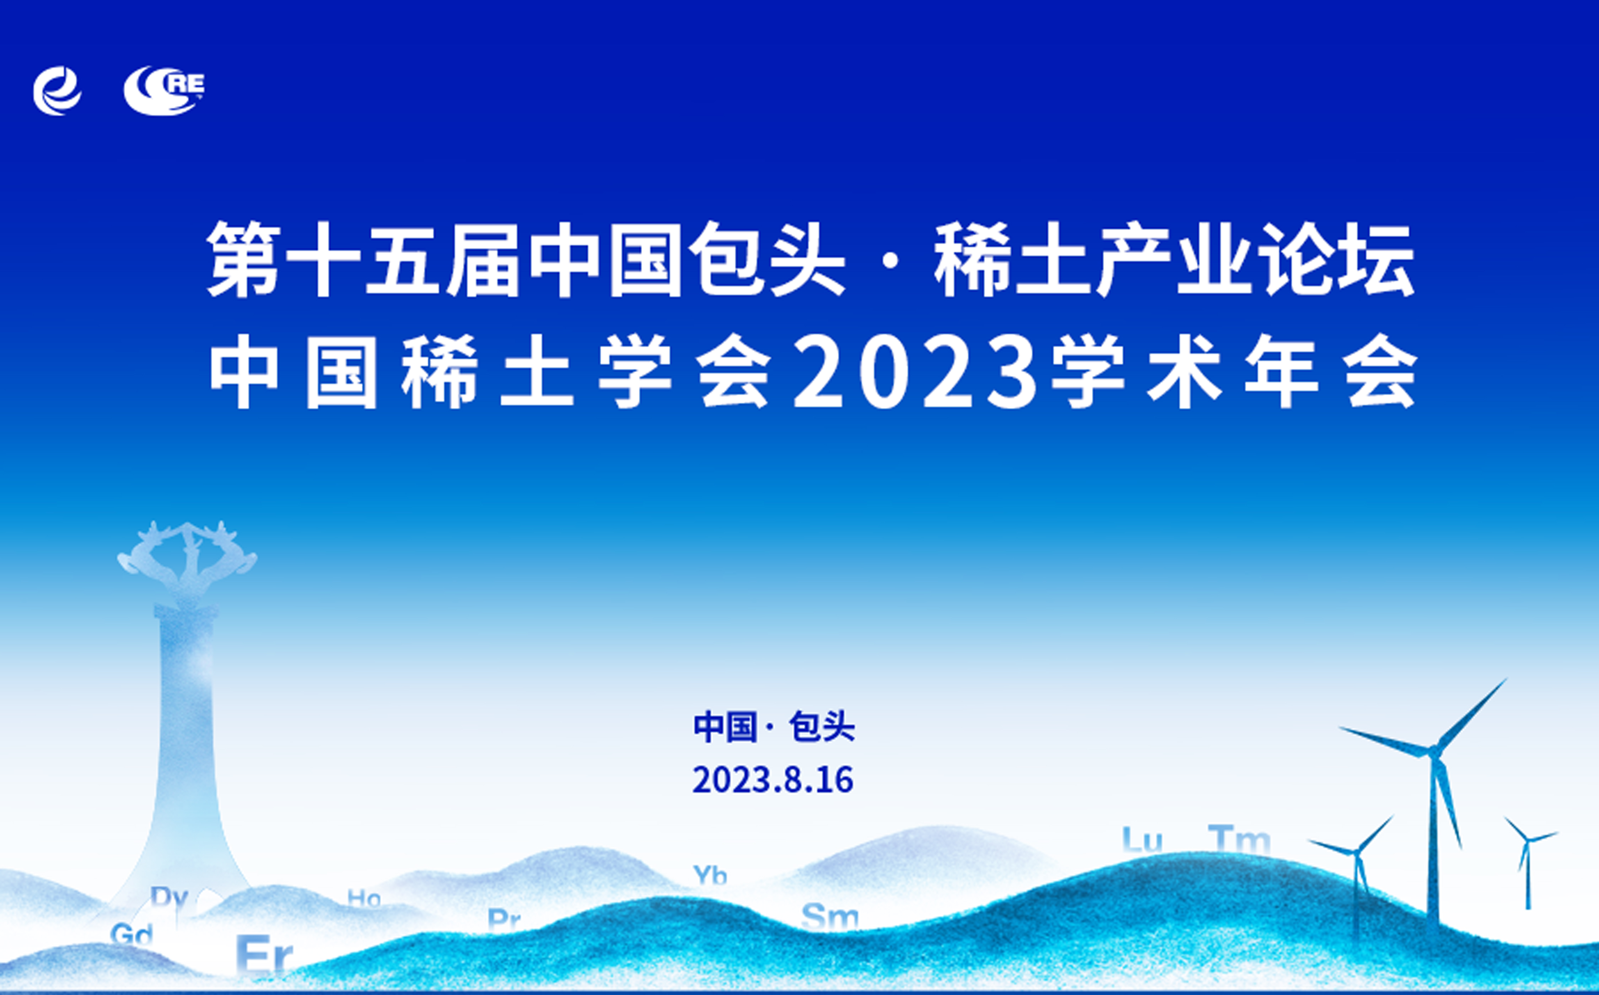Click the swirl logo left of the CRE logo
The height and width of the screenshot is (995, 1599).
(57, 91)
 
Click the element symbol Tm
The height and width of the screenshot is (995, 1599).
(1239, 839)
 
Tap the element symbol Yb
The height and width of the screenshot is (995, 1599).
(710, 875)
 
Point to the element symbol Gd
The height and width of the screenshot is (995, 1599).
(131, 933)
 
